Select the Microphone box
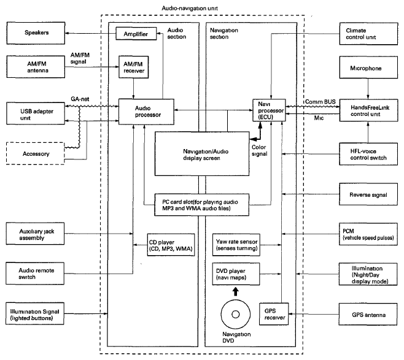pos(367,69)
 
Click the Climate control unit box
pos(367,33)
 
